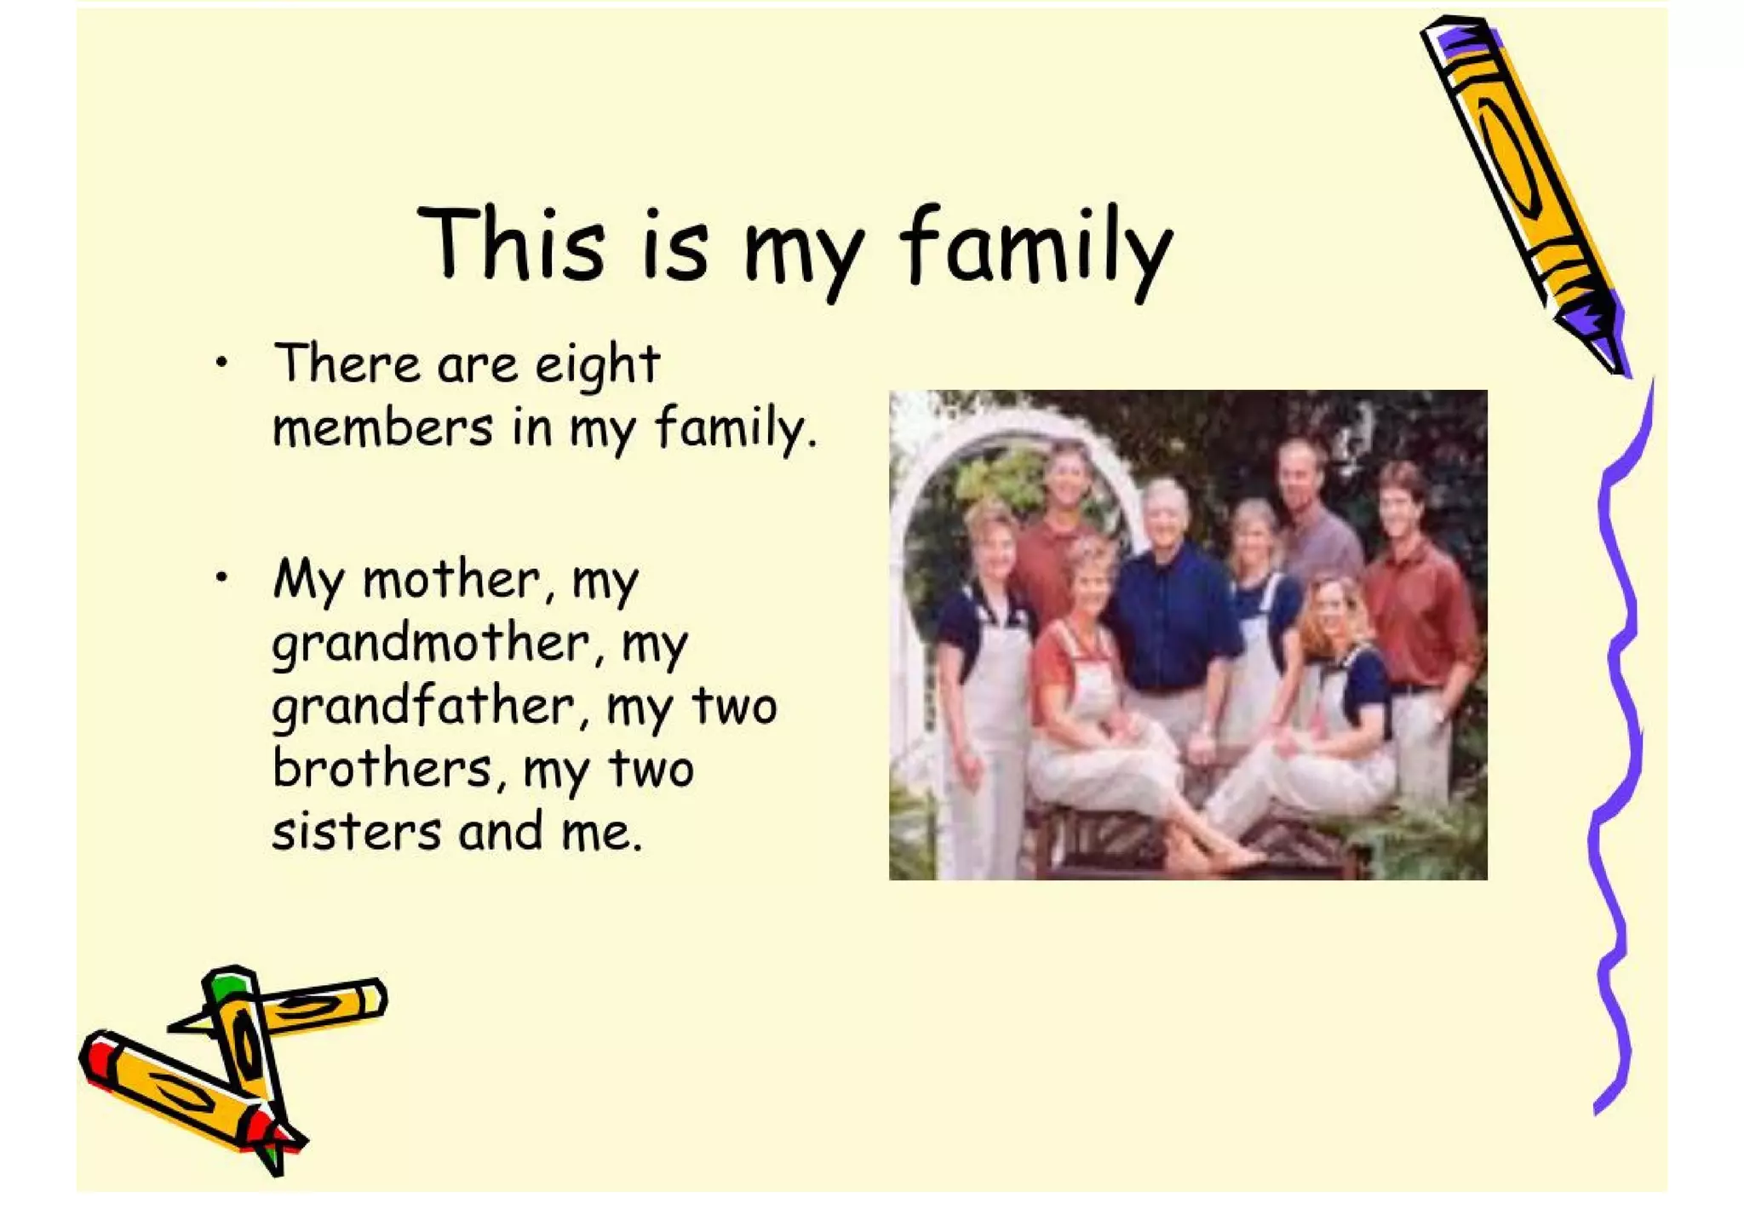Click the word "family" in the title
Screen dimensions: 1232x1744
[x=1035, y=247]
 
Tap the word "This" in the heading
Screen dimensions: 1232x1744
[x=511, y=245]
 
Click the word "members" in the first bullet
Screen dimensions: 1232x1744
[x=382, y=427]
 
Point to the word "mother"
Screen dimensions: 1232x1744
[x=451, y=581]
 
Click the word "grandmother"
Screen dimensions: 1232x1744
[x=431, y=645]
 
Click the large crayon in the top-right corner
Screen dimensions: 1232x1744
[x=1520, y=187]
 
